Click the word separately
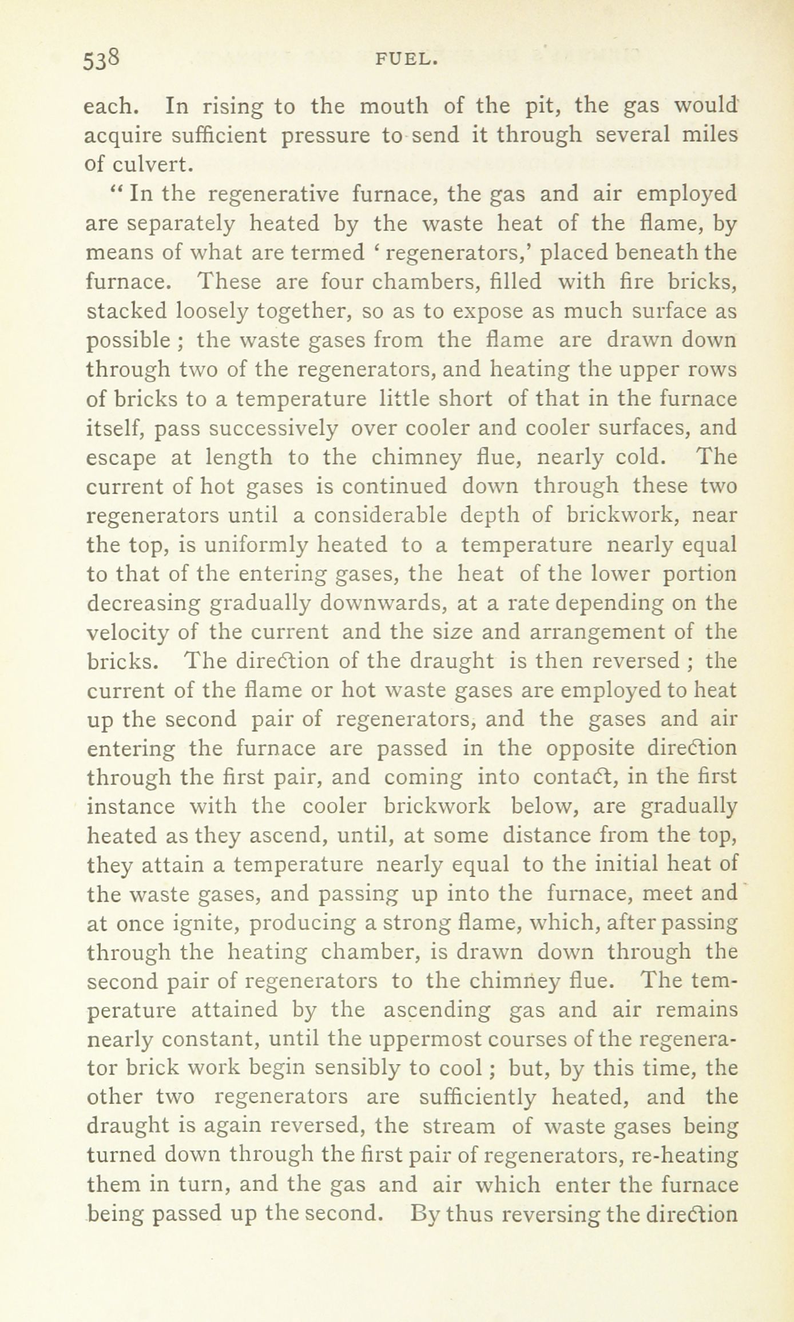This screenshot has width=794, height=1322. click(180, 224)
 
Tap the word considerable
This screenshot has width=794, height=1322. click(380, 516)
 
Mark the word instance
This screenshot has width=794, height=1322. click(130, 807)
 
